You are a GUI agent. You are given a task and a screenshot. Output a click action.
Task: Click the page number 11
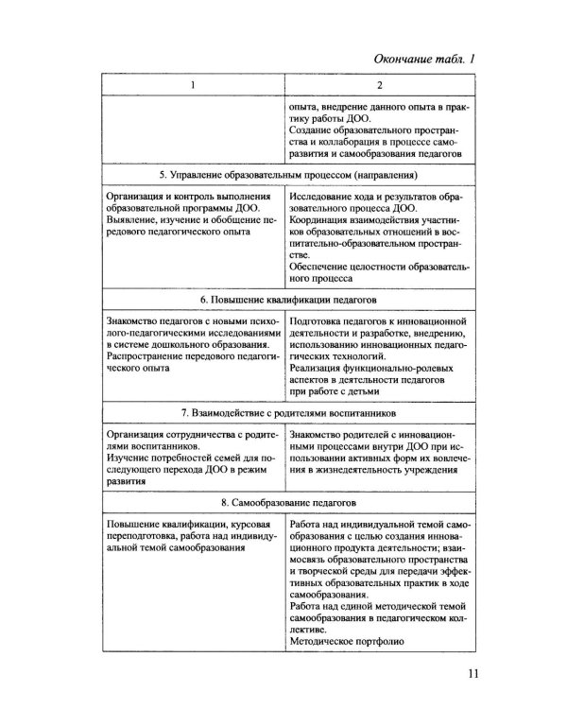pos(473,674)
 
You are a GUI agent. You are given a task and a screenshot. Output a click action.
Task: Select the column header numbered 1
pos(192,86)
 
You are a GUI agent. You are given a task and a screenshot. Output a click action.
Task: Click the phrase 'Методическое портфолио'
pos(348,641)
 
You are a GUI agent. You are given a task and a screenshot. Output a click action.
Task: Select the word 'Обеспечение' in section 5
pos(320,268)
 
